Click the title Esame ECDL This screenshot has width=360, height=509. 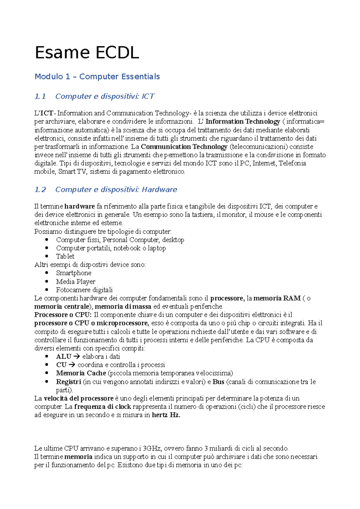[87, 53]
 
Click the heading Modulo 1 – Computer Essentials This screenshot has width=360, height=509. [97, 77]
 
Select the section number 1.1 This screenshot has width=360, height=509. [40, 97]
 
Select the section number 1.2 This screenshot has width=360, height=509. [40, 190]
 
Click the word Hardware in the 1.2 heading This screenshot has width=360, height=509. [159, 190]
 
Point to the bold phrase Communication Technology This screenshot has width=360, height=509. [184, 147]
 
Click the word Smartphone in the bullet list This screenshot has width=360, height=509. [73, 273]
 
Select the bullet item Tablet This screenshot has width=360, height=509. [65, 257]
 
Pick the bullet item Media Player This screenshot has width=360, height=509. [76, 282]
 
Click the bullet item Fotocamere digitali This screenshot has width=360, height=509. [84, 290]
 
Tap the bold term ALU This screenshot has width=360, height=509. [63, 357]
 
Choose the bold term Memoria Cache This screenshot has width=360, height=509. [81, 374]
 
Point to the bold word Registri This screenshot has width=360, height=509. [68, 382]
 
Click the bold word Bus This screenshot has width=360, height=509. [218, 382]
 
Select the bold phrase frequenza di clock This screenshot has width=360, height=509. [103, 407]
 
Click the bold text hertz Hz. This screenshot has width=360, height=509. [166, 415]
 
